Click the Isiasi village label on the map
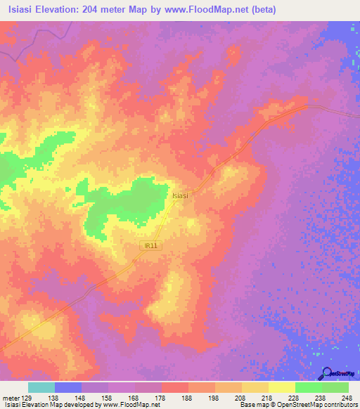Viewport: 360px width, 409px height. [x=180, y=196]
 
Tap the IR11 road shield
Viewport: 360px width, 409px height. [x=150, y=245]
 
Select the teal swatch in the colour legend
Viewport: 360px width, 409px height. [x=41, y=387]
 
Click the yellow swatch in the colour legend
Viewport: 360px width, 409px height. [x=281, y=387]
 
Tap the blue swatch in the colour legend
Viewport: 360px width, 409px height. [x=68, y=387]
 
